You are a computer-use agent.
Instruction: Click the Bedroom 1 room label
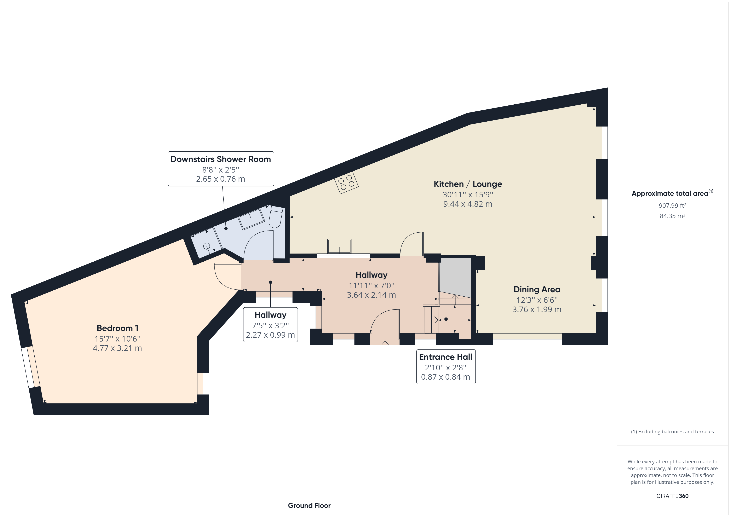click(x=117, y=328)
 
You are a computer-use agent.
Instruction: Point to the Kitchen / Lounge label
click(x=468, y=184)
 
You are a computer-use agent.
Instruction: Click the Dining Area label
click(x=537, y=289)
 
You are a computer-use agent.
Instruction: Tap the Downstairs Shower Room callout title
click(x=221, y=159)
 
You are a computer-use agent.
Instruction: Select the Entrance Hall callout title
click(x=446, y=357)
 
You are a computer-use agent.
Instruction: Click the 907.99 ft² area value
click(x=672, y=206)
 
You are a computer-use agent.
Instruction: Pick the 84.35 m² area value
click(x=672, y=216)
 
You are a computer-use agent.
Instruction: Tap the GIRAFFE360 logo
click(x=672, y=496)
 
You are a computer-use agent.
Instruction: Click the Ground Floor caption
click(x=309, y=506)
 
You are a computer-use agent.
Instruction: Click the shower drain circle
click(x=207, y=246)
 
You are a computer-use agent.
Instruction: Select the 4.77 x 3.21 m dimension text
click(x=117, y=348)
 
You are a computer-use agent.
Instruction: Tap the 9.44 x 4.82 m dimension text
click(x=468, y=204)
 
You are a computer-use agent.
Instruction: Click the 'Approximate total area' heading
click(x=672, y=193)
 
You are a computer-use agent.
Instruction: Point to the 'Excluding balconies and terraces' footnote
click(x=672, y=432)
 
